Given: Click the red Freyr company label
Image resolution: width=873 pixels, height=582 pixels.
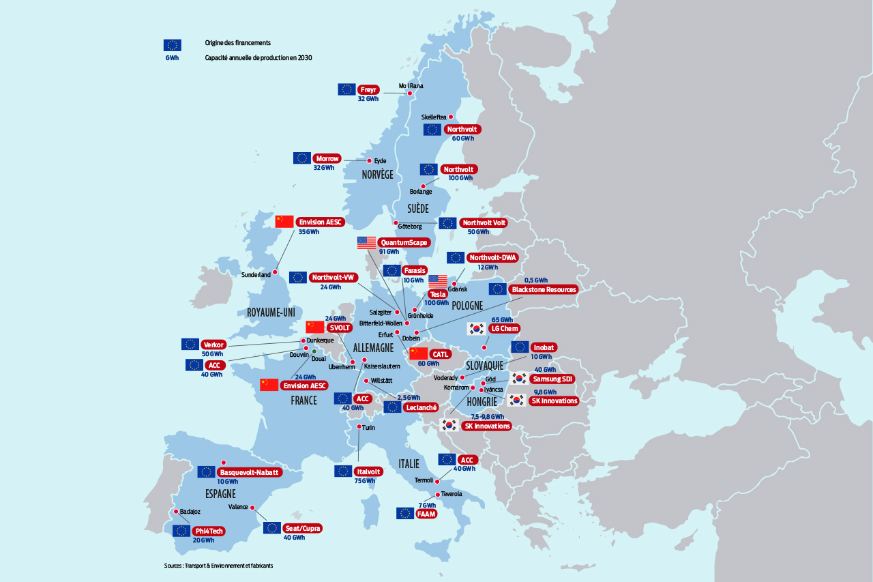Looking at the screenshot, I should pos(368,89).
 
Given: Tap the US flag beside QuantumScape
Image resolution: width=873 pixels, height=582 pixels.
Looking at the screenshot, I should pos(366,242).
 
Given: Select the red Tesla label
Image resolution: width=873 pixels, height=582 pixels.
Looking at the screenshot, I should pos(437,294).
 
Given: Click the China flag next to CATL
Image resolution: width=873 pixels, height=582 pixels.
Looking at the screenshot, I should pos(418,353).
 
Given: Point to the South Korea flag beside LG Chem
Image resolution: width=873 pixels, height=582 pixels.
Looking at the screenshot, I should pos(476,328).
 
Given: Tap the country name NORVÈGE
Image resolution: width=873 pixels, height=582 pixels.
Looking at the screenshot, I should pos(377,175).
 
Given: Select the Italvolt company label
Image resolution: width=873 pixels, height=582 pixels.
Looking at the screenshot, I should pos(369,471).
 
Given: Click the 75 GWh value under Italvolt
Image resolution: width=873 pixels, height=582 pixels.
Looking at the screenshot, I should pos(364,481).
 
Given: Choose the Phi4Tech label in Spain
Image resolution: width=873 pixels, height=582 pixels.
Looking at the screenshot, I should pos(209,530).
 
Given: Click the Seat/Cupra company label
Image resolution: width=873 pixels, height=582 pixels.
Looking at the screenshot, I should pos(302,528).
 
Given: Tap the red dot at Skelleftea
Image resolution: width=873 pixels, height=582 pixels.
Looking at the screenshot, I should pos(451,117).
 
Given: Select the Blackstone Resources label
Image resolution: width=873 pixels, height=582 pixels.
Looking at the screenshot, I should pos(544,289).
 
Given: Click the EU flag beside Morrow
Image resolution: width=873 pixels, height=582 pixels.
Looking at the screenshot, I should pos(302,158).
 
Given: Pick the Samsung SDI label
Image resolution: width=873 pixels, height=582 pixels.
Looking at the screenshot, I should pos(553,379).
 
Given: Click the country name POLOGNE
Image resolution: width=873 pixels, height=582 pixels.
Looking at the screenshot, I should pos(467,305).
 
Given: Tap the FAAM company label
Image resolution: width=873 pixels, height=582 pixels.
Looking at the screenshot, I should pos(426,513).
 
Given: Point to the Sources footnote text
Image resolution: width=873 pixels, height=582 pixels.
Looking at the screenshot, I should pos(218,566).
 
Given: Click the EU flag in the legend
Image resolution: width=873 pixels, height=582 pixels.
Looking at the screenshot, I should pos(172,45).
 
